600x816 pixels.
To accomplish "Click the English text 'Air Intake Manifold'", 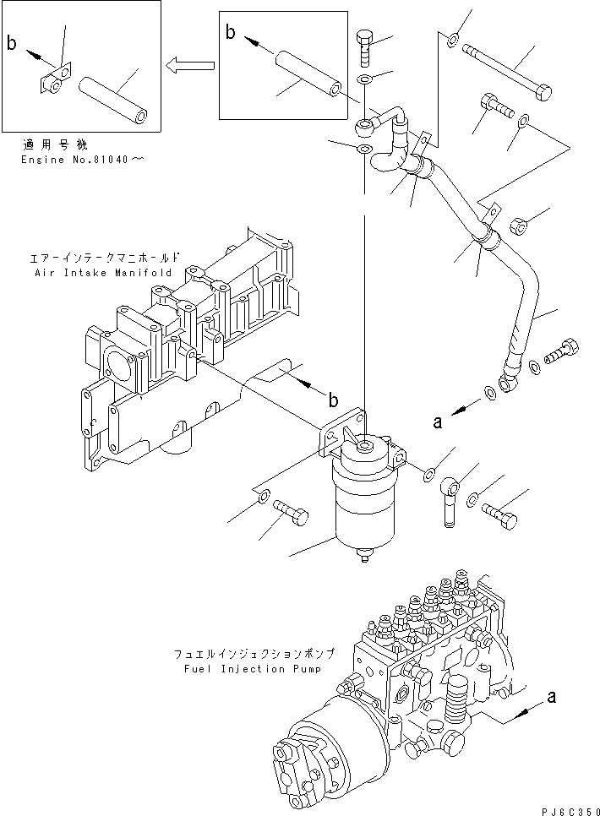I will pyautogui.click(x=102, y=273).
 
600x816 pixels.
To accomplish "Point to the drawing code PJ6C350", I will pyautogui.click(x=567, y=808).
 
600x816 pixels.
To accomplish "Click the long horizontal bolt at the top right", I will pyautogui.click(x=507, y=71).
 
